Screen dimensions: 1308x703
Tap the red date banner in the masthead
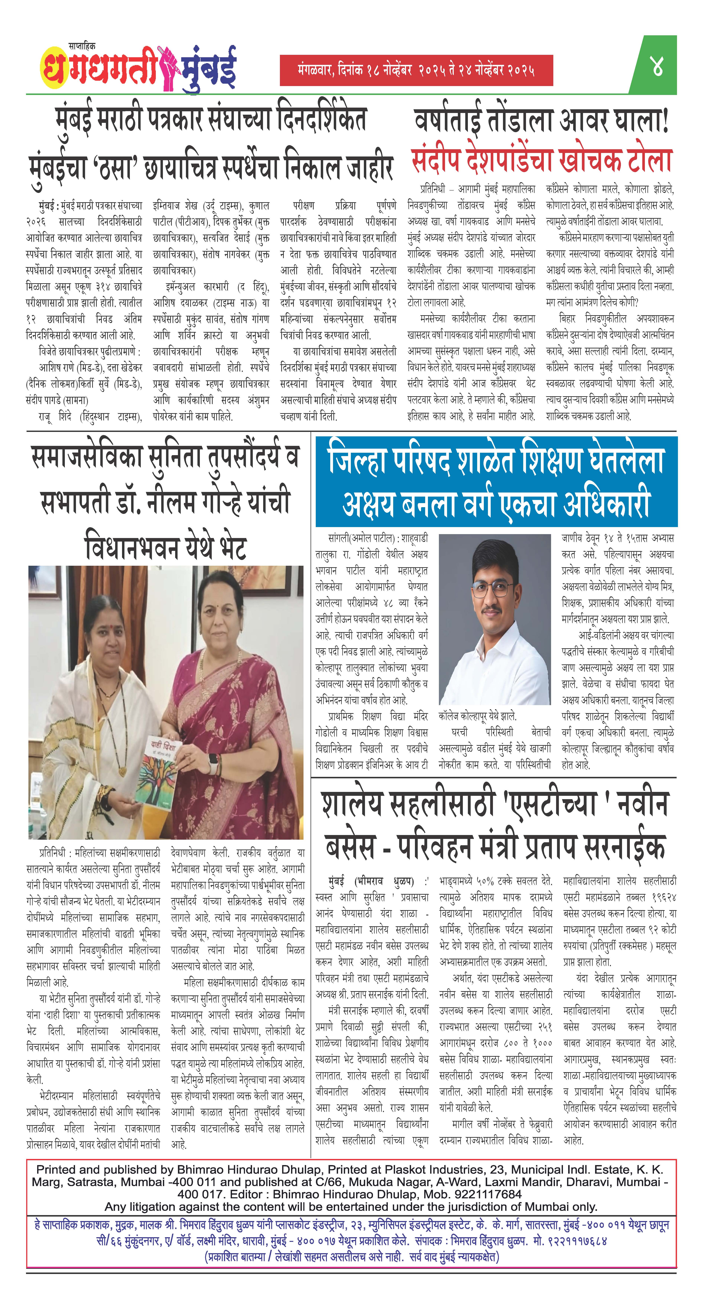pos(416,70)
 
